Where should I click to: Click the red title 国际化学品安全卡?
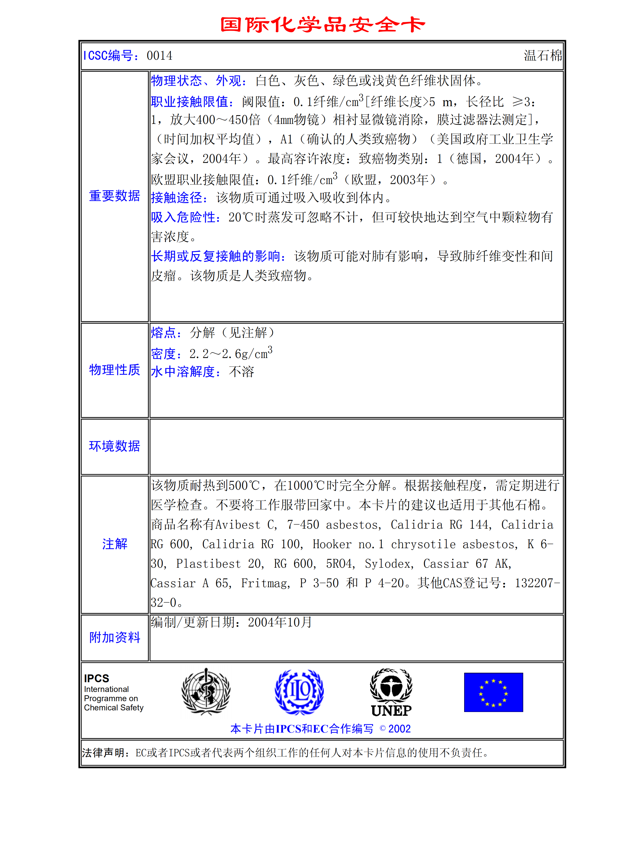(322, 24)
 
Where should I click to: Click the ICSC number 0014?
(159, 56)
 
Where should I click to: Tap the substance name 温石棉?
(542, 56)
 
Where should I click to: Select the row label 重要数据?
(114, 196)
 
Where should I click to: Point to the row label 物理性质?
(114, 370)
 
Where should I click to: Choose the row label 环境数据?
(114, 446)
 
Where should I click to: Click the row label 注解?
(114, 544)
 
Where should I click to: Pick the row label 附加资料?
(114, 638)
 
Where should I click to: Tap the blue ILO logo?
(299, 692)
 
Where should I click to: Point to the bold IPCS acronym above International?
(96, 678)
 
